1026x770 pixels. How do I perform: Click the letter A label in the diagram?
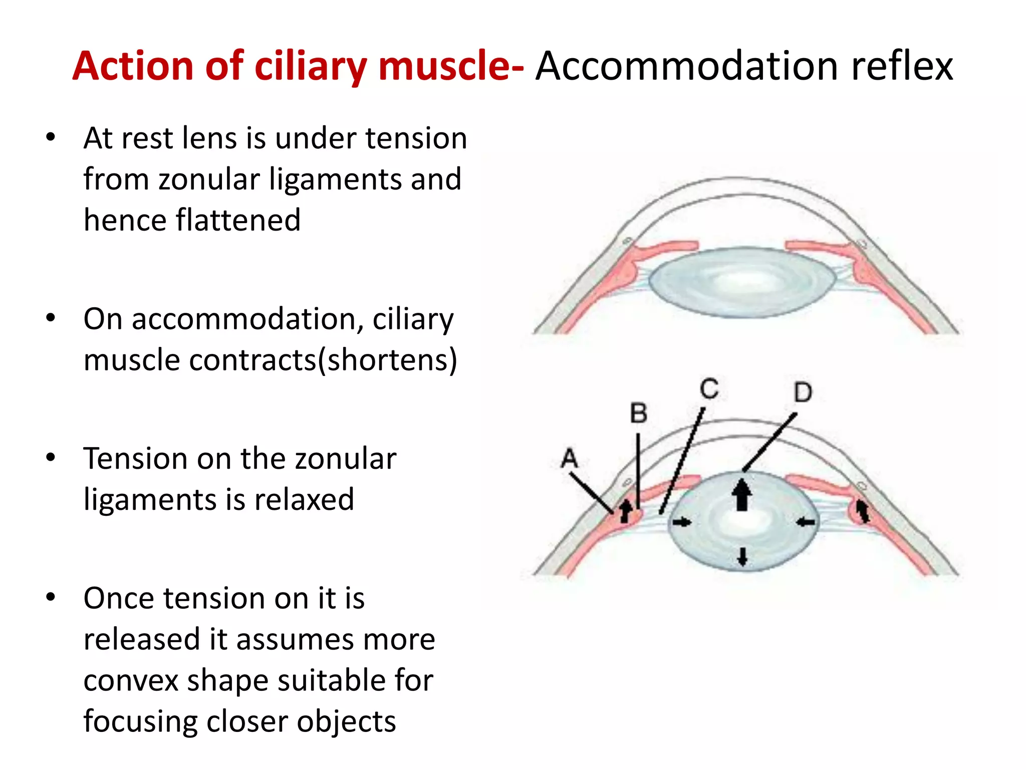[x=570, y=458]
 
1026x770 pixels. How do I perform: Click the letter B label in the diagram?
[x=638, y=414]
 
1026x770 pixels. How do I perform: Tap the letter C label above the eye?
[x=709, y=389]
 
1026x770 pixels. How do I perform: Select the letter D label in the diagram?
[x=803, y=392]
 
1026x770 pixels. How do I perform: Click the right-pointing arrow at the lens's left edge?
[x=681, y=522]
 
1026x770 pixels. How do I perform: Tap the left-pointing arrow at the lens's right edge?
[x=805, y=522]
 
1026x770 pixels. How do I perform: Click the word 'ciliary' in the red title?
[x=311, y=67]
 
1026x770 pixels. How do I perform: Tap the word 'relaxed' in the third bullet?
[x=304, y=499]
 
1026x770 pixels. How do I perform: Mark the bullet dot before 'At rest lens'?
[x=50, y=137]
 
